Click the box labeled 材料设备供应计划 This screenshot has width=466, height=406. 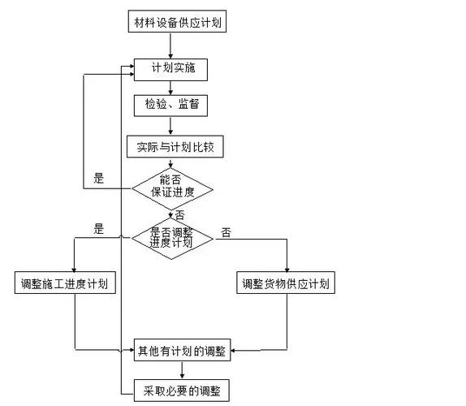177,22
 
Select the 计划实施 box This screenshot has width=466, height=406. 170,70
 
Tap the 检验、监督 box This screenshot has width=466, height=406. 170,106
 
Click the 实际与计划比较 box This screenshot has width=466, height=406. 174,147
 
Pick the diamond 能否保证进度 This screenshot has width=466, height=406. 171,188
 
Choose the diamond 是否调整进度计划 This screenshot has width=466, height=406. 171,237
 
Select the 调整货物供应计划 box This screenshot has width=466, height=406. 287,284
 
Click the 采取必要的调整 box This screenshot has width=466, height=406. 182,391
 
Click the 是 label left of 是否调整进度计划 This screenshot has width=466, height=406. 99,230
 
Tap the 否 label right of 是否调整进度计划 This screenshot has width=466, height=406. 225,233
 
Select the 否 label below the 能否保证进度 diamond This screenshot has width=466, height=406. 179,215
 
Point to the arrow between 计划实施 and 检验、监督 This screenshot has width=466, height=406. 170,88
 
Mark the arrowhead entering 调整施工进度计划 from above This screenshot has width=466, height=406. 74,270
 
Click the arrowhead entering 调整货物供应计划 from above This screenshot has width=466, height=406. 287,270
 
